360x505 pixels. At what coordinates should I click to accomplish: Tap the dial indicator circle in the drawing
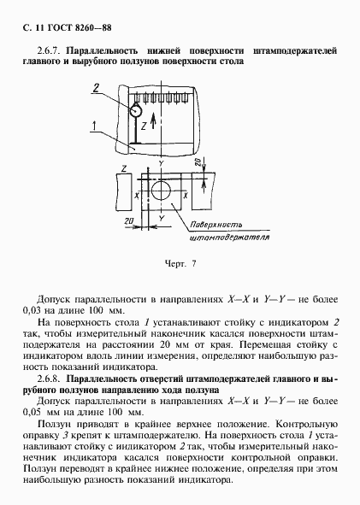tap(135, 109)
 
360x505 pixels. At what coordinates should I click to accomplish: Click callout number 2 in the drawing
tap(97, 88)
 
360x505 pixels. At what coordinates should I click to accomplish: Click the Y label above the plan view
tap(160, 162)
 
